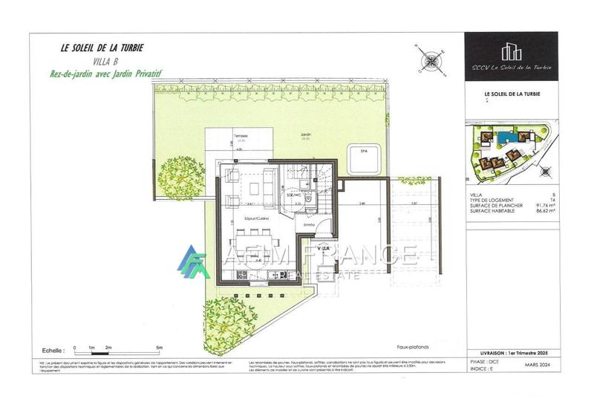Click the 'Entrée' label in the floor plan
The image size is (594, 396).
coord(308,224)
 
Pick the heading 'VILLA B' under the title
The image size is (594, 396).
coord(102,62)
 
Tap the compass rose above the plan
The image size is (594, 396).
coord(430,62)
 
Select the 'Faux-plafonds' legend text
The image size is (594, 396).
coord(413,346)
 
